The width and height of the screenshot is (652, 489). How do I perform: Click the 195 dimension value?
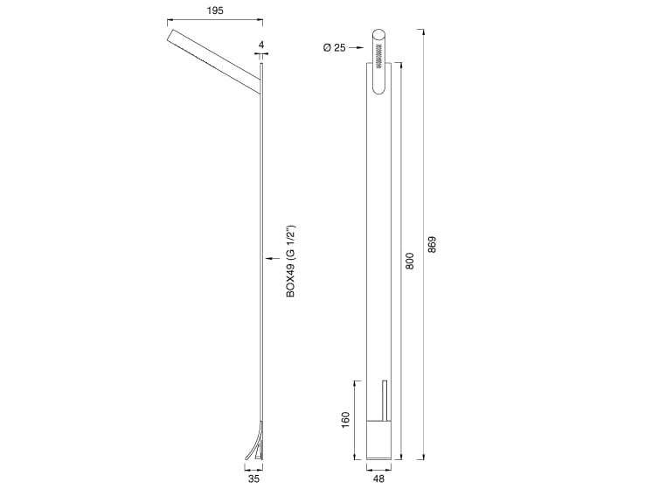(x=213, y=10)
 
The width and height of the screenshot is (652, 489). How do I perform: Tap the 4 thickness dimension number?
(x=261, y=43)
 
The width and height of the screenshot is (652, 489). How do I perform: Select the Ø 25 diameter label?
(x=335, y=48)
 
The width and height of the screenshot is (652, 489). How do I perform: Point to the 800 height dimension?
(x=409, y=261)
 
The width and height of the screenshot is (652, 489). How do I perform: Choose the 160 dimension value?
(x=345, y=420)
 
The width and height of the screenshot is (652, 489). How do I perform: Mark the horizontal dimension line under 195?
(x=213, y=20)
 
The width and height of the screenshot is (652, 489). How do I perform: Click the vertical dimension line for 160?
(x=354, y=420)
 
